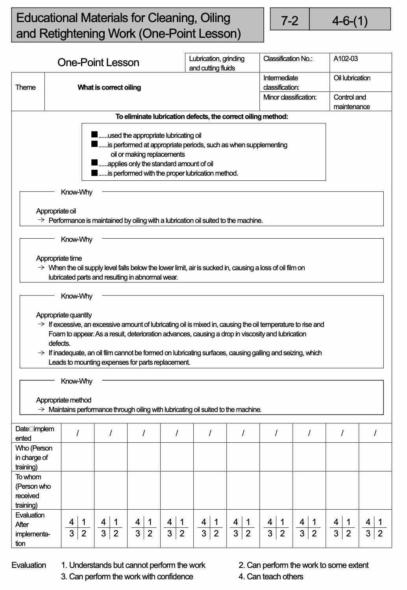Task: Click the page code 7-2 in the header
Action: [290, 20]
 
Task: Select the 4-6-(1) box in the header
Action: [350, 20]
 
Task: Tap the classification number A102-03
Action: [346, 59]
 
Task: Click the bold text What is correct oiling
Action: [109, 87]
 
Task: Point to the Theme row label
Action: [26, 87]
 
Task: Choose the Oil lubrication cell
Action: [352, 78]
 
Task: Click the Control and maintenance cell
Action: [351, 102]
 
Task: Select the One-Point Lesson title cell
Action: [98, 63]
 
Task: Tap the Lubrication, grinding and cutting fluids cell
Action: [217, 63]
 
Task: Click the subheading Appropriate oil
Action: [56, 211]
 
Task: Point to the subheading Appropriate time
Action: [59, 258]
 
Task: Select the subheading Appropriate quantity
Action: [64, 315]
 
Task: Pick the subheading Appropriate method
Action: [64, 400]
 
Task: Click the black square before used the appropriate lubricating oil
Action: [94, 135]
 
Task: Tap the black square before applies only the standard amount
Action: [94, 163]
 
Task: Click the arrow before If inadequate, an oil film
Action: [41, 353]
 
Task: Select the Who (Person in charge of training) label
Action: [33, 457]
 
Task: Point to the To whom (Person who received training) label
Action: [33, 491]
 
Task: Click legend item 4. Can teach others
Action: [271, 577]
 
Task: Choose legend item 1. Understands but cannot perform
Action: [133, 565]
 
